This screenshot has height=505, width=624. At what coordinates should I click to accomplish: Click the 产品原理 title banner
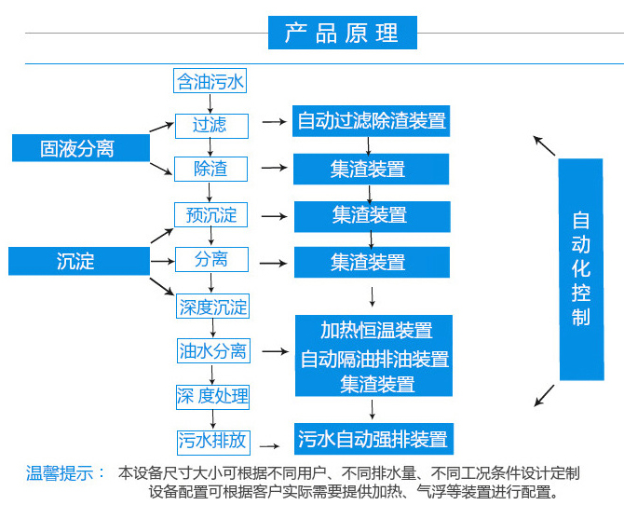coord(342,34)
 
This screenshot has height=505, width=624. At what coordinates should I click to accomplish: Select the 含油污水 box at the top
coord(210,81)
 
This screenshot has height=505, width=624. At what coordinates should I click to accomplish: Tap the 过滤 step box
coord(210,125)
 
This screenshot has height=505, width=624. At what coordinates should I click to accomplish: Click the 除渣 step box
coord(210,169)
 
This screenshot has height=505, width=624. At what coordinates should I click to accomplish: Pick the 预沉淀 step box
coord(211,215)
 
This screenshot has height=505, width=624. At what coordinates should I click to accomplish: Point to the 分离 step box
coord(210,259)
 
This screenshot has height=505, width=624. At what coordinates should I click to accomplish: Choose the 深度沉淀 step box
coord(212,307)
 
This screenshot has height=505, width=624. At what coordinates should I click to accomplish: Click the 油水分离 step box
coord(212,351)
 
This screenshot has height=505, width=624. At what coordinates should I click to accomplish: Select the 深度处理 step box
coord(212,396)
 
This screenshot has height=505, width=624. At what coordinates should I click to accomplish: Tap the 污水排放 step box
coord(212,441)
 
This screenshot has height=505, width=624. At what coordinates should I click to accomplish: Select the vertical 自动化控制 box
coord(581,269)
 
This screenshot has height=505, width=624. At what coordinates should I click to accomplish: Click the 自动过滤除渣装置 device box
coord(372,120)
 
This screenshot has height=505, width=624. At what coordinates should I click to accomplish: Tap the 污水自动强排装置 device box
coord(373,439)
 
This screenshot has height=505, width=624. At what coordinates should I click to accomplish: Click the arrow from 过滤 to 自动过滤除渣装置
coord(273,122)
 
